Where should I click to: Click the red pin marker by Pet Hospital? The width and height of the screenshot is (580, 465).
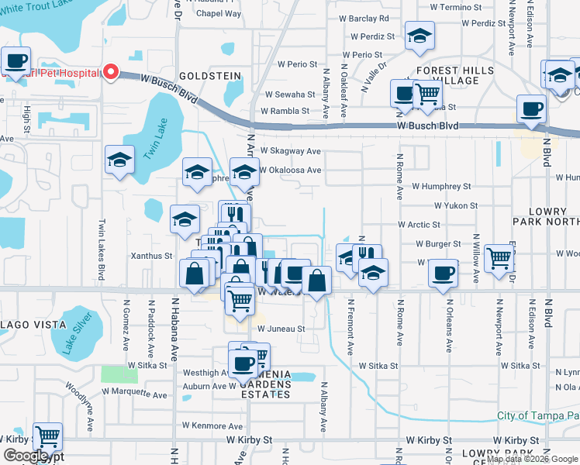(x=110, y=72)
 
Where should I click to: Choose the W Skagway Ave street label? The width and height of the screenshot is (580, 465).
(x=291, y=151)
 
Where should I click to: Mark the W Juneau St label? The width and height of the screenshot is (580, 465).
(x=281, y=329)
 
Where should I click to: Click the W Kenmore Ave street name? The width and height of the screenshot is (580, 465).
(x=212, y=425)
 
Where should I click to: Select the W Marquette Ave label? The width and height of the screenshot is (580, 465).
(x=136, y=394)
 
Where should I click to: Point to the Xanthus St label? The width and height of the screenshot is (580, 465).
(x=151, y=256)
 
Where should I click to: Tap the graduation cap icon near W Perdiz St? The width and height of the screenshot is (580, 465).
(x=419, y=36)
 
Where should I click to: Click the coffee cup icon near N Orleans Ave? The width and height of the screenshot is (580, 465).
(x=443, y=273)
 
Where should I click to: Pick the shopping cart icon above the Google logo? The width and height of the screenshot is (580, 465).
(x=48, y=437)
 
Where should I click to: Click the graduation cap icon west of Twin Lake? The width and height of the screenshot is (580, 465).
(x=119, y=160)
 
